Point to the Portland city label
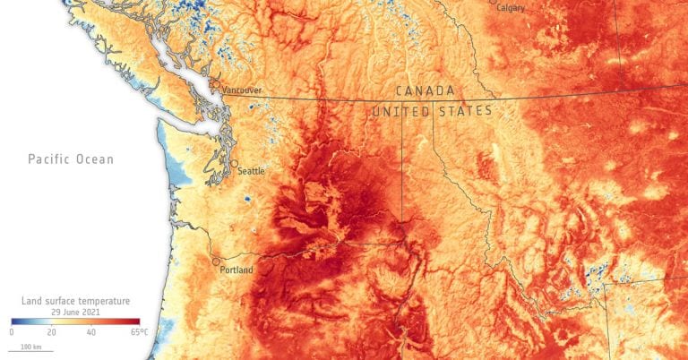(x=236, y=270)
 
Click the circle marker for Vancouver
(x=215, y=85)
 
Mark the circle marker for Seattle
(x=234, y=165)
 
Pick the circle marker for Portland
(x=215, y=262)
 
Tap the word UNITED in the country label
(x=400, y=111)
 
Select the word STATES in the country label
(x=465, y=111)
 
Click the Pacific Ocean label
(x=71, y=159)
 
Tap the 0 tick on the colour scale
(x=12, y=332)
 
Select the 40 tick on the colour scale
(x=90, y=332)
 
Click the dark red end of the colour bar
(x=136, y=321)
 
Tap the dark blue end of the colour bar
(x=14, y=321)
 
